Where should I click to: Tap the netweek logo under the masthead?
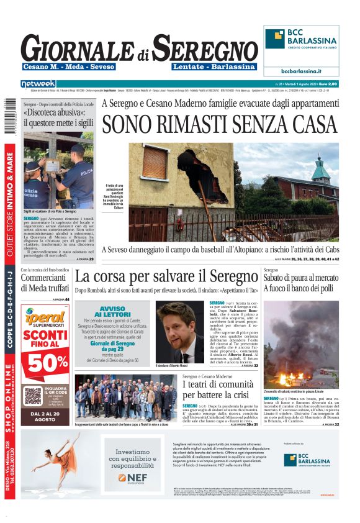point(38,83)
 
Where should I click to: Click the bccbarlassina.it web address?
point(300,71)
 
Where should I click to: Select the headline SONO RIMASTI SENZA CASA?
point(220,124)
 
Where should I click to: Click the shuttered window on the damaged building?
point(155,163)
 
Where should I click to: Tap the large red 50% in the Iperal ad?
point(45,362)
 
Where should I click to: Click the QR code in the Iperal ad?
point(33,396)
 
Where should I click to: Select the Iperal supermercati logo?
point(45,316)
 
